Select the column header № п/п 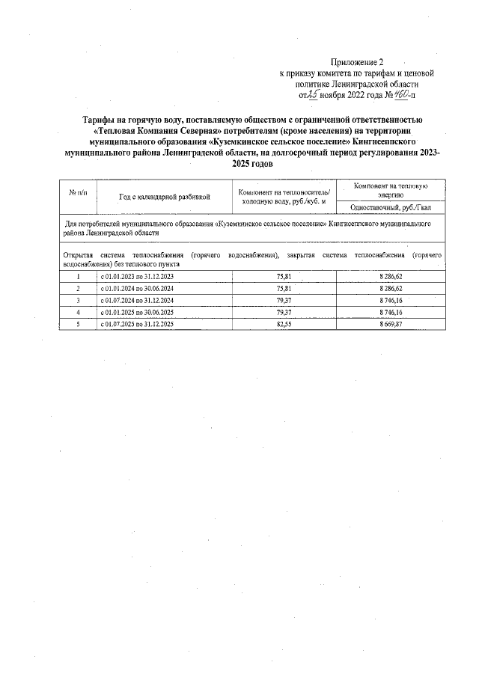point(78,194)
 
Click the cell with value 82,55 point(284,323)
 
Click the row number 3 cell point(78,300)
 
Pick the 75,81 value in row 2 point(284,288)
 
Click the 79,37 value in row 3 point(284,300)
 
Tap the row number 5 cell point(78,323)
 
